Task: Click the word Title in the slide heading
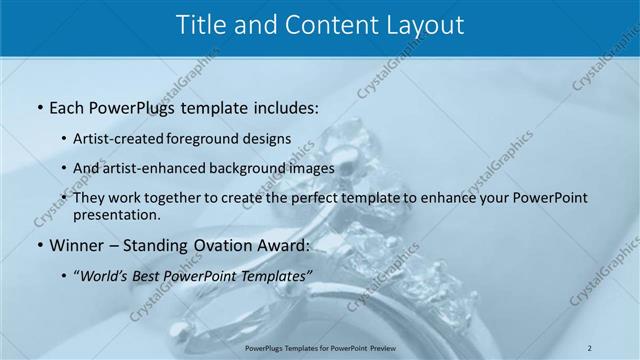(200, 26)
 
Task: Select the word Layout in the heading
(419, 26)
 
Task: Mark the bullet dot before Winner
(38, 245)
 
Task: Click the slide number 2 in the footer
(589, 347)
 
